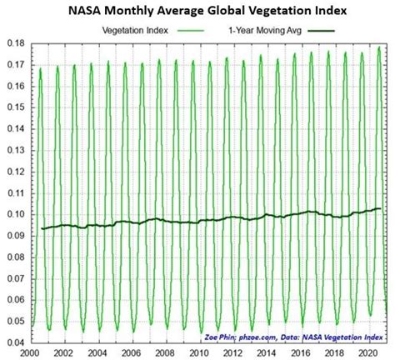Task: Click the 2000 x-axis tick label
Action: [31, 352]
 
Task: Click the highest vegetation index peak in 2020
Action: [379, 47]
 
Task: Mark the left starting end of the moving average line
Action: [42, 228]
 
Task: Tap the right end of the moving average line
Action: [381, 208]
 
